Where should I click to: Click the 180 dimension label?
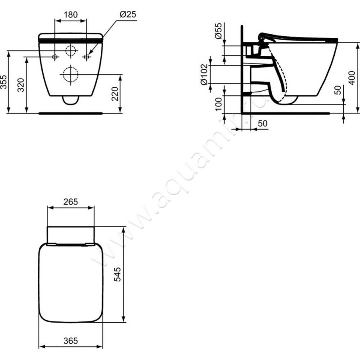pyautogui.click(x=70, y=15)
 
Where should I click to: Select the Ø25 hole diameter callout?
pyautogui.click(x=128, y=15)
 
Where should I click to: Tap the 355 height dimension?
pyautogui.click(x=5, y=82)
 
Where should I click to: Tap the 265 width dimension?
pyautogui.click(x=71, y=202)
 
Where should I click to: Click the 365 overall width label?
pyautogui.click(x=71, y=341)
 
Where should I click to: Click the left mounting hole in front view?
pyautogui.click(x=55, y=57)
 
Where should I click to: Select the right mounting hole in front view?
pyautogui.click(x=87, y=57)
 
